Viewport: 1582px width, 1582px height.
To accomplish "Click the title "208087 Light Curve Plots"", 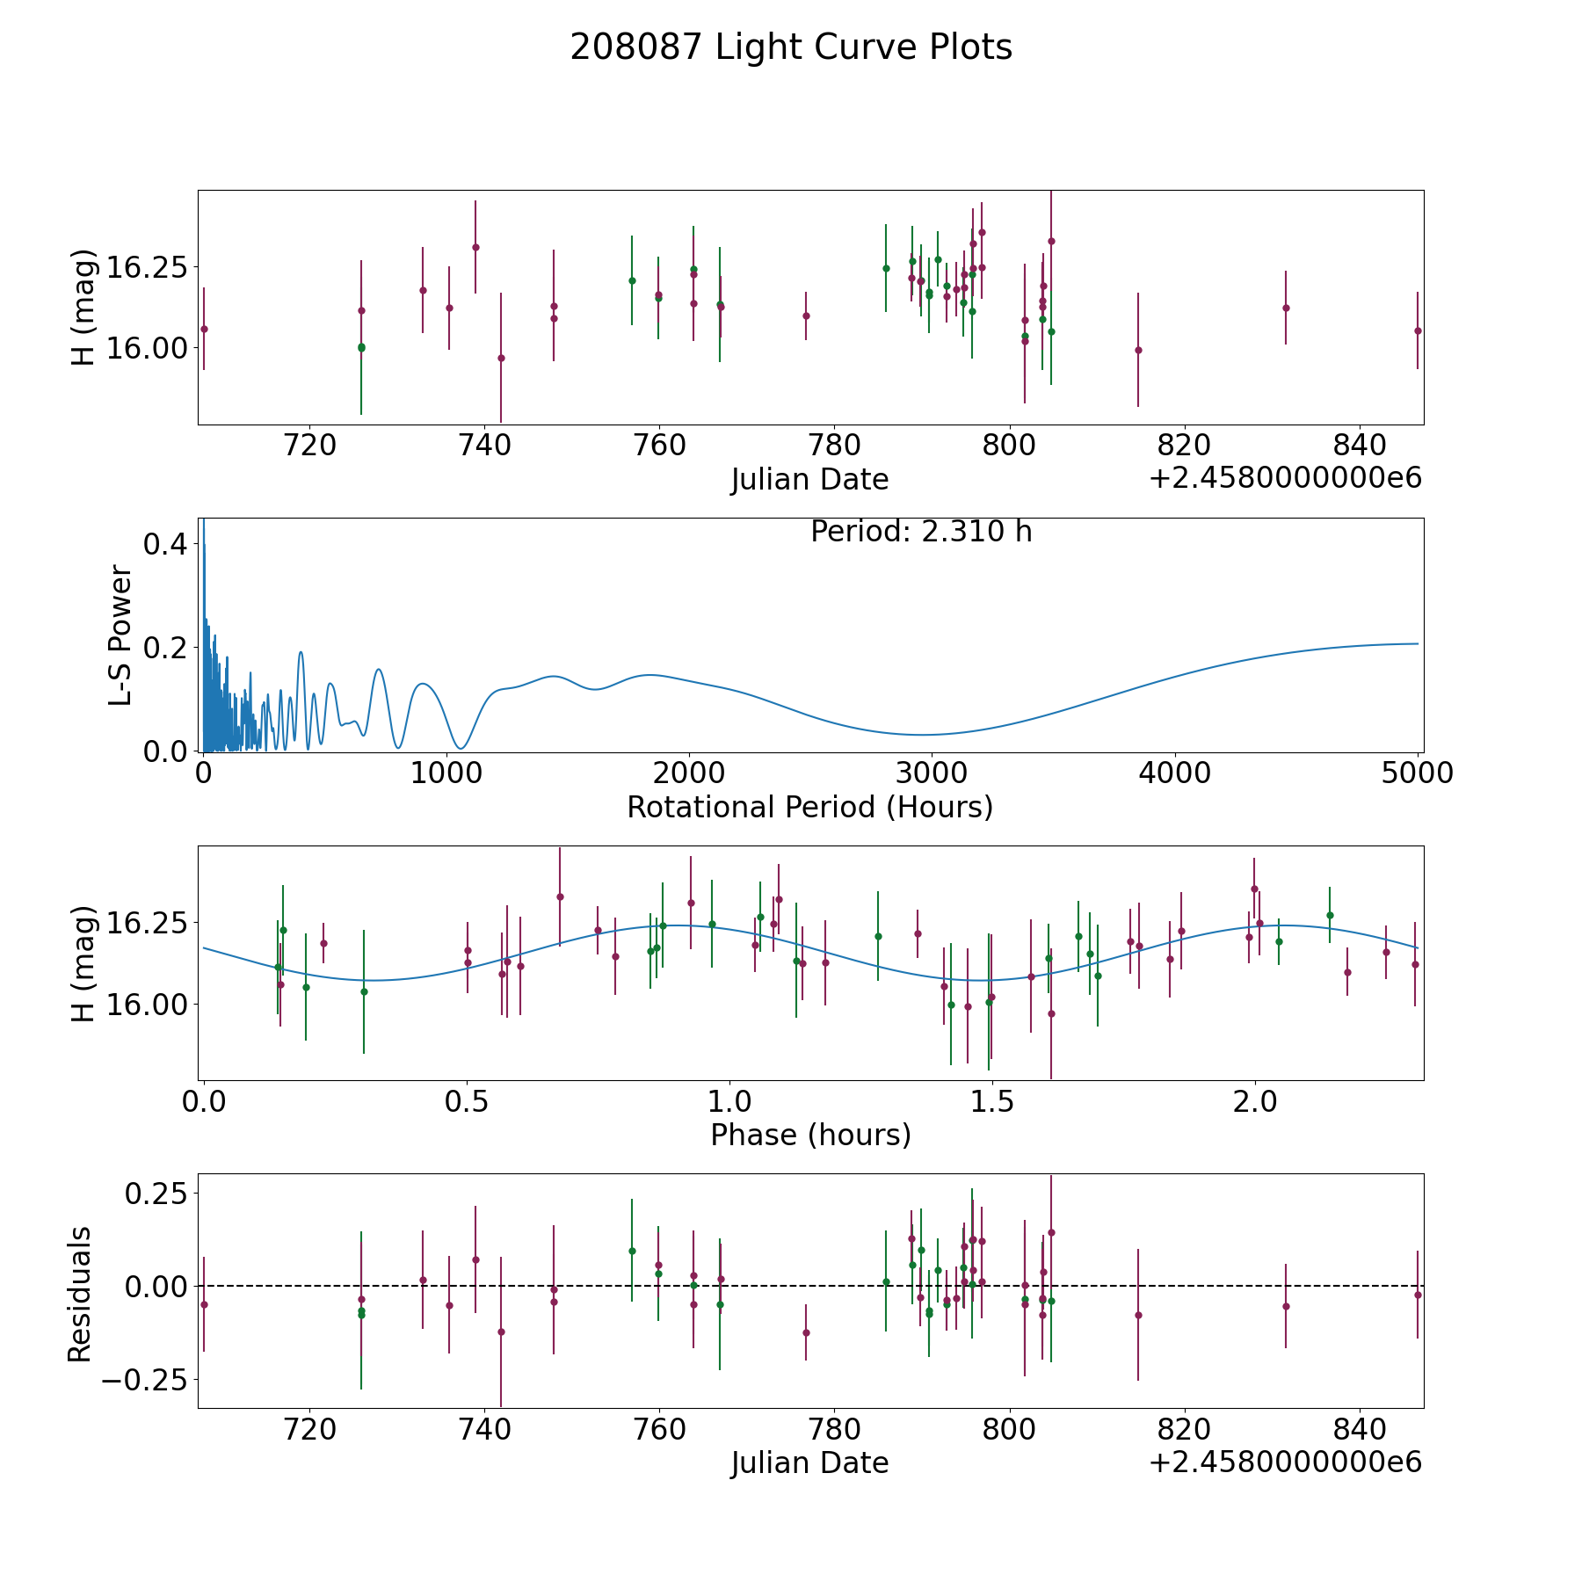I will click(x=791, y=47).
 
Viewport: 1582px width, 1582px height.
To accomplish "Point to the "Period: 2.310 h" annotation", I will click(x=921, y=532).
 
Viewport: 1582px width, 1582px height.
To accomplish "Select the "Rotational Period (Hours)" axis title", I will click(x=809, y=807).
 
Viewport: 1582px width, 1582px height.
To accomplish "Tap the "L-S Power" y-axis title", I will click(x=121, y=635).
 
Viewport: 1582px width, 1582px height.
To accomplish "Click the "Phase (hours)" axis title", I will click(x=810, y=1136).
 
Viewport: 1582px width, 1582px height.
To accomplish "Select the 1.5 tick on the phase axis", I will click(x=992, y=1102).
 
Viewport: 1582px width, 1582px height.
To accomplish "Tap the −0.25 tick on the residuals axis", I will click(x=145, y=1380).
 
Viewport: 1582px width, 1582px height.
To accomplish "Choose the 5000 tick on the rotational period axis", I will click(x=1418, y=773).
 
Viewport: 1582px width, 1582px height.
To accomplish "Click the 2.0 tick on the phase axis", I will click(x=1255, y=1102).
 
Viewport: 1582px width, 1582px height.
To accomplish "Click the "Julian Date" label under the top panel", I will click(x=809, y=480).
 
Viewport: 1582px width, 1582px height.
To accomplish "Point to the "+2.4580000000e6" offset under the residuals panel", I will click(x=1285, y=1462).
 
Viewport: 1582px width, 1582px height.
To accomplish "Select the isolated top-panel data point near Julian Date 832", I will click(x=1286, y=308).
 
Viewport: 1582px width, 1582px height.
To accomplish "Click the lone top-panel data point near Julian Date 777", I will click(x=806, y=316).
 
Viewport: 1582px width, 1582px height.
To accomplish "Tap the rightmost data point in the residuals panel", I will click(x=1418, y=1295).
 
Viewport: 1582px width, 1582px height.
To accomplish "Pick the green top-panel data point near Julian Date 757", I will click(x=632, y=280).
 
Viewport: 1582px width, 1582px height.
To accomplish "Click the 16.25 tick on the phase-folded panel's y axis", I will click(x=145, y=923).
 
